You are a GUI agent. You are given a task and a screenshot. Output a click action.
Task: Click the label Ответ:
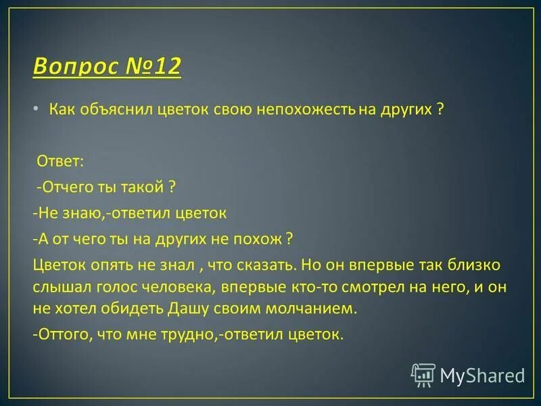coord(59,161)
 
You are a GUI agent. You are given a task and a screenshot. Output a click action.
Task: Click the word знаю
coord(84,212)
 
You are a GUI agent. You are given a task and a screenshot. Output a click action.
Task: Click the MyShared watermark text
coord(483,375)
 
